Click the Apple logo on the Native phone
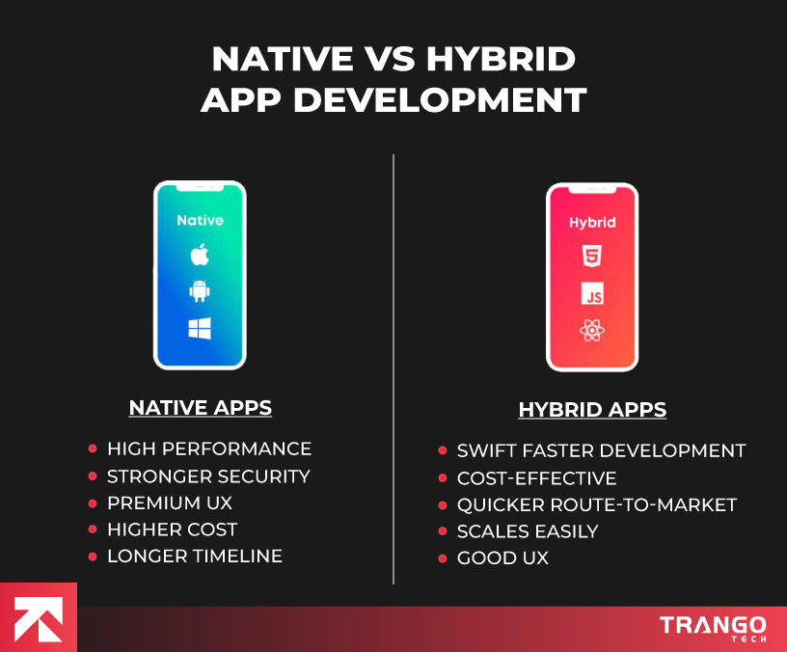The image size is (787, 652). (x=200, y=255)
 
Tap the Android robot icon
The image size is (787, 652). (x=200, y=291)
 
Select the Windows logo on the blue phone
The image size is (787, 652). (x=200, y=329)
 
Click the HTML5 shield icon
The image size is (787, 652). (x=591, y=257)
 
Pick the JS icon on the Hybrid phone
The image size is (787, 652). (x=591, y=293)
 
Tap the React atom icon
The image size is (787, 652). (x=591, y=331)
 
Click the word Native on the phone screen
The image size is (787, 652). (x=200, y=220)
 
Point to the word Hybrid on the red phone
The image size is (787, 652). (x=591, y=222)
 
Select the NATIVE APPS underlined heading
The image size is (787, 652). (x=201, y=408)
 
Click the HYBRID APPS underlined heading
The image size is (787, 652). (x=592, y=410)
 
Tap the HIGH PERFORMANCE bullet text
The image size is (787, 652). (x=209, y=449)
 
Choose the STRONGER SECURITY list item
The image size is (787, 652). (x=208, y=476)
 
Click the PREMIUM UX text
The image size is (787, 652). (x=170, y=503)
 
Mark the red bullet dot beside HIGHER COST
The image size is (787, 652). (x=93, y=530)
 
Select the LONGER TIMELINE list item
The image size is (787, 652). (x=195, y=557)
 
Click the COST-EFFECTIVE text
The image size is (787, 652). (x=536, y=478)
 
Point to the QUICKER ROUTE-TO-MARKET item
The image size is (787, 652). (x=597, y=505)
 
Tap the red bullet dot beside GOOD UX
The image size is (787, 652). (x=443, y=558)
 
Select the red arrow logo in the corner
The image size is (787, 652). (x=38, y=618)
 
